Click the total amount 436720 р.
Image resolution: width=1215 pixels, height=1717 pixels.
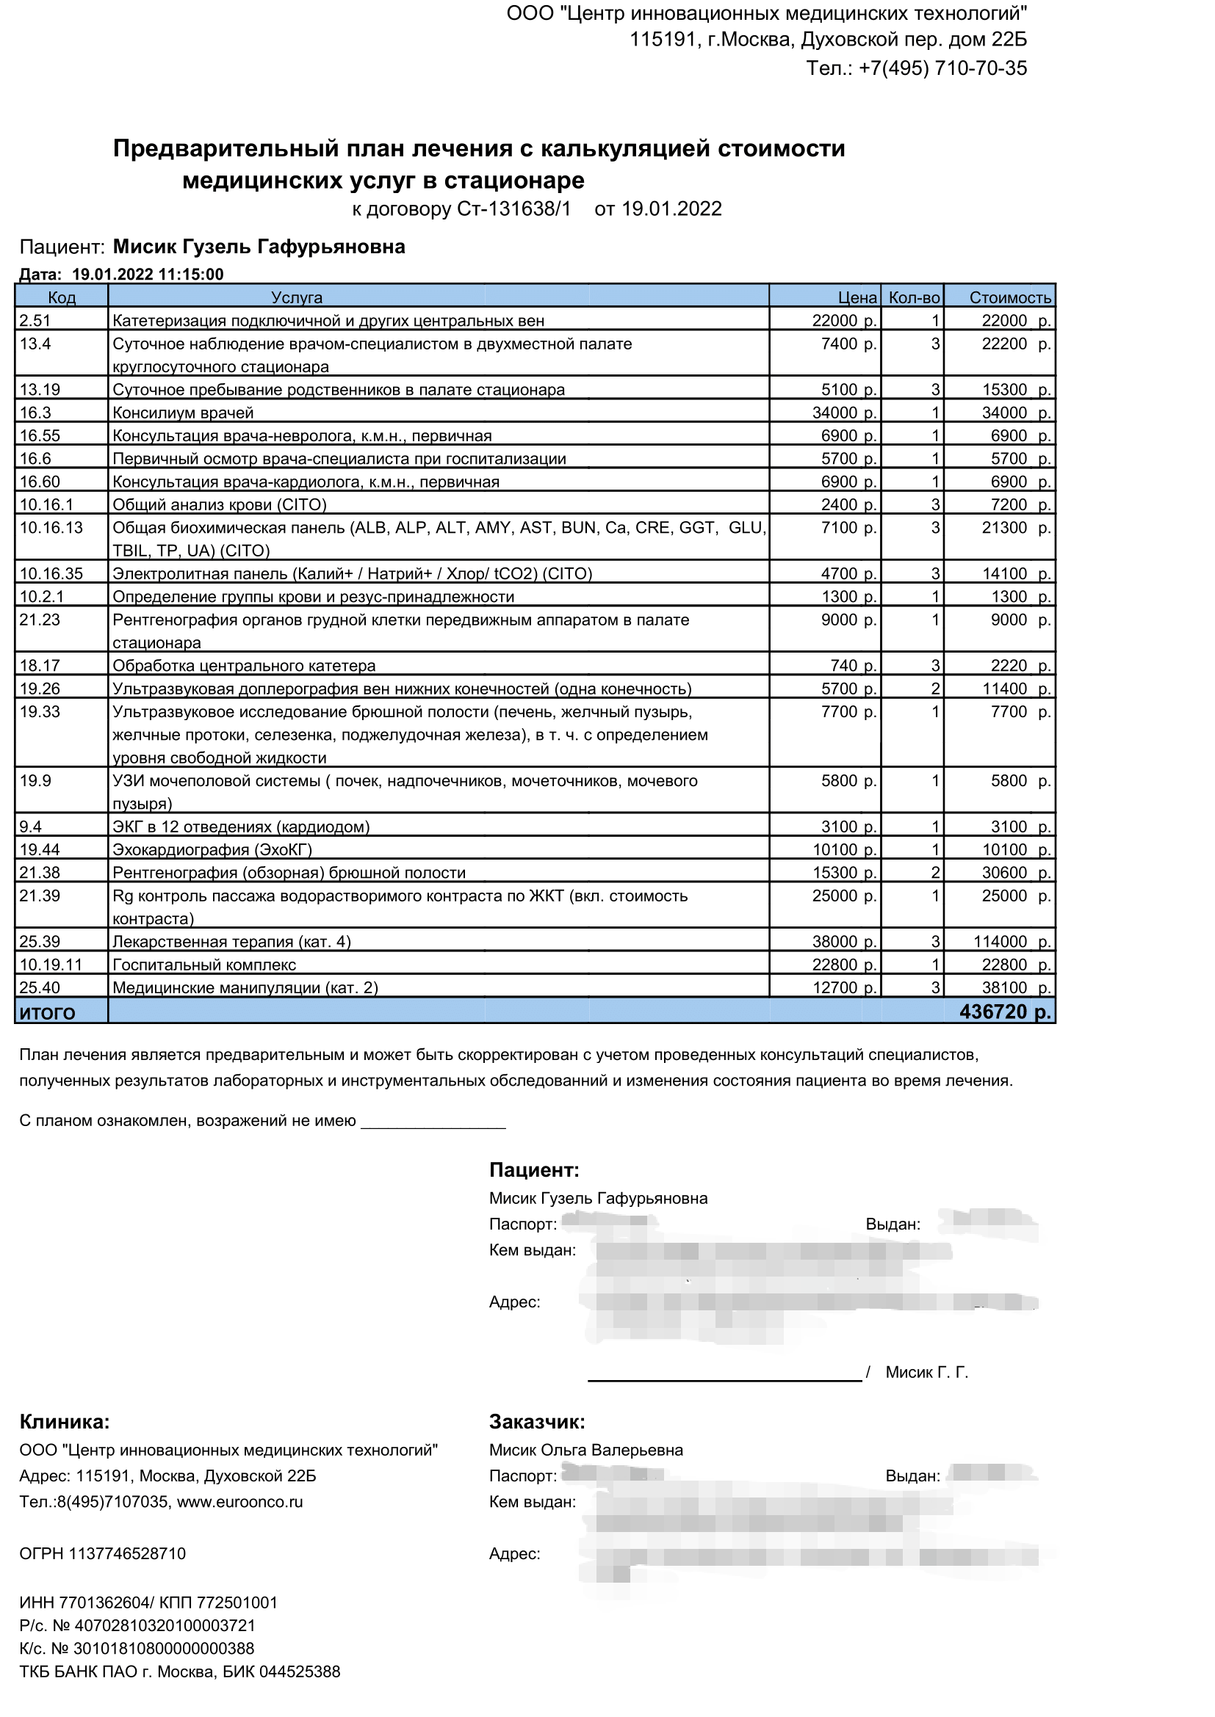click(1005, 1012)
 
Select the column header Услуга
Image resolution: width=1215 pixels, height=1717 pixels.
click(296, 297)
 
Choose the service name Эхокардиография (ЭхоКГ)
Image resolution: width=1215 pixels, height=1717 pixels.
click(212, 849)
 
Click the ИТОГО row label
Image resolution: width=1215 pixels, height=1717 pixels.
click(47, 1013)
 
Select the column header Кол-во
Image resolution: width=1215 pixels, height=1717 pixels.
click(914, 297)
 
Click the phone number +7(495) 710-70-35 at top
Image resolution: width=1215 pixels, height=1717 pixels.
click(942, 68)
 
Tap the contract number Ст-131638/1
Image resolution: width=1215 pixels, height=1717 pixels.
click(513, 208)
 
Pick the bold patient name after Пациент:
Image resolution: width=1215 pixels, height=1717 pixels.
click(259, 247)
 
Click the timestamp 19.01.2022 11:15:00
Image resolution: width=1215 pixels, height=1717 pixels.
click(148, 275)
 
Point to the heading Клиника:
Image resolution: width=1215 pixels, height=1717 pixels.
click(65, 1422)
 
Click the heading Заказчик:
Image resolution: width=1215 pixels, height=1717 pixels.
click(536, 1422)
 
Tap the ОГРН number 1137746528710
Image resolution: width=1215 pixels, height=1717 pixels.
click(127, 1553)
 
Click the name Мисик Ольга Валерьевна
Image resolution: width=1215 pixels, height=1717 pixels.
click(585, 1450)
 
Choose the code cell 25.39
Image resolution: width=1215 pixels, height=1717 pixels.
click(40, 942)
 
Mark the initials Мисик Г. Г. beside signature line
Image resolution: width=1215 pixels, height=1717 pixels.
click(926, 1372)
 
